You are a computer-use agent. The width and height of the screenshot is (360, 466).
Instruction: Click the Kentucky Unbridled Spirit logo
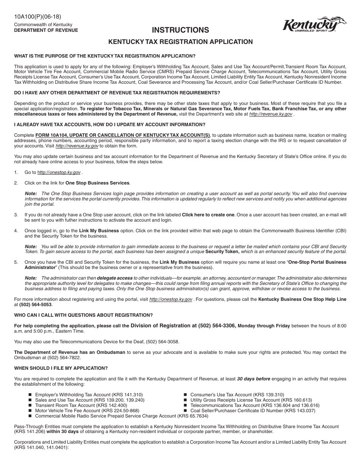(314, 25)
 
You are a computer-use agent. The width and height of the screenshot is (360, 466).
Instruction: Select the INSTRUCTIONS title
(180, 30)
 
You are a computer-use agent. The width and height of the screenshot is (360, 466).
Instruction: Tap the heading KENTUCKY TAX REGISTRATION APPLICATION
(181, 42)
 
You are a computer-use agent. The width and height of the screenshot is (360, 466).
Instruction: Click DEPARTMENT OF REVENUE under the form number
(46, 30)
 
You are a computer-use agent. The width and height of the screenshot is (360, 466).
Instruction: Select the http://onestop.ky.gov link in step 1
(59, 172)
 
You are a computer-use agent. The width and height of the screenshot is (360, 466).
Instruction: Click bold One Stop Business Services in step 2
(97, 183)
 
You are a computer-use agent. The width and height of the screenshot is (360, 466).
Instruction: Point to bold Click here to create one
(208, 215)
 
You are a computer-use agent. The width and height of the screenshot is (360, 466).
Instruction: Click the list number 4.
(16, 230)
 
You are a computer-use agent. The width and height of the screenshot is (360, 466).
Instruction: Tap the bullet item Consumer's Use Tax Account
(237, 395)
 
